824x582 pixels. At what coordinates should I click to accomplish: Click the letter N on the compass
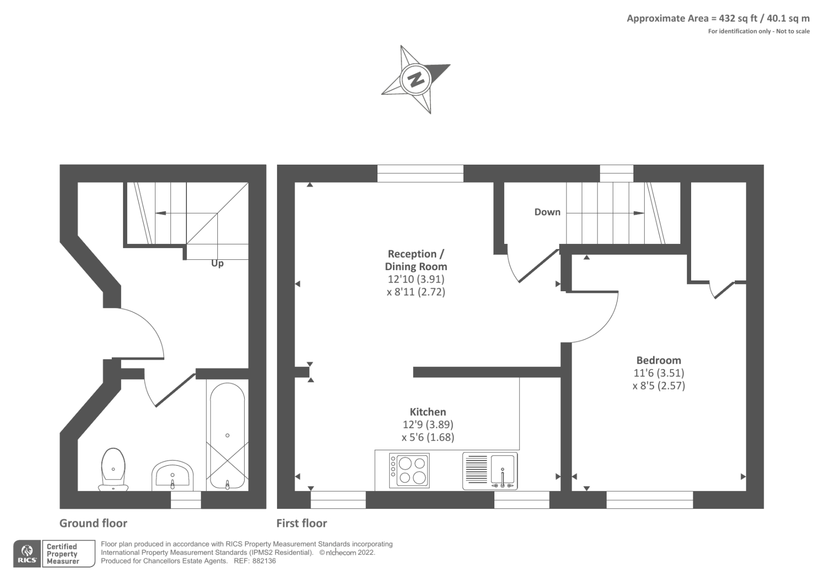416,79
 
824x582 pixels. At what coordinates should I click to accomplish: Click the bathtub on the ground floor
227,435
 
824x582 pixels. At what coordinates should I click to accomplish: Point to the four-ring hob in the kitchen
409,470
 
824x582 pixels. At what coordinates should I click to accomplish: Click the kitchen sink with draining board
490,471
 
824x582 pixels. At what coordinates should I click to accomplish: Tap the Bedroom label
658,360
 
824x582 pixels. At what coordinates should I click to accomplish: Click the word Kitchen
427,412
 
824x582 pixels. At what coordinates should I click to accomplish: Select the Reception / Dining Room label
416,260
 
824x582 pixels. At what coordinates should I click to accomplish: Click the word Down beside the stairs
547,212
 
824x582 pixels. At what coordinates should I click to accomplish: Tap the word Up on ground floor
217,263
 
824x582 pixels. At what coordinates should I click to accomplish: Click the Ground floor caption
93,523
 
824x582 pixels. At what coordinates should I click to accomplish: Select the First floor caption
302,523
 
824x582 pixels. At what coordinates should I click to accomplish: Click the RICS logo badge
27,554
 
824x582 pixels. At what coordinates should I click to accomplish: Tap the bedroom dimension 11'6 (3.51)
659,373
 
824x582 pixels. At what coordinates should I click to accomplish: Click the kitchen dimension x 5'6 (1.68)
427,437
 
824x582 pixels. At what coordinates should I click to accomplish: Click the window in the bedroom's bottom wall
649,499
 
